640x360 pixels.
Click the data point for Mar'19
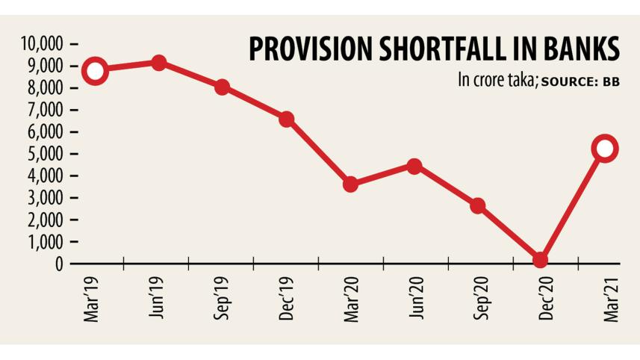click(x=94, y=72)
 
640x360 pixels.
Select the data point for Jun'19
click(x=158, y=63)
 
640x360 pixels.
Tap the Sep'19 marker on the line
click(x=222, y=87)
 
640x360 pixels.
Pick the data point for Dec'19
click(x=286, y=119)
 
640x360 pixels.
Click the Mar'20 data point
click(x=350, y=184)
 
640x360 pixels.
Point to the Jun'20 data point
click(x=414, y=166)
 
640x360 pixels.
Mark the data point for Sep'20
click(x=478, y=205)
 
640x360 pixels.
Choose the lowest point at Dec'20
click(x=541, y=260)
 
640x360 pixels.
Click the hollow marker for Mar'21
click(x=604, y=149)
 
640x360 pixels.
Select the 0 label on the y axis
click(x=58, y=264)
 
